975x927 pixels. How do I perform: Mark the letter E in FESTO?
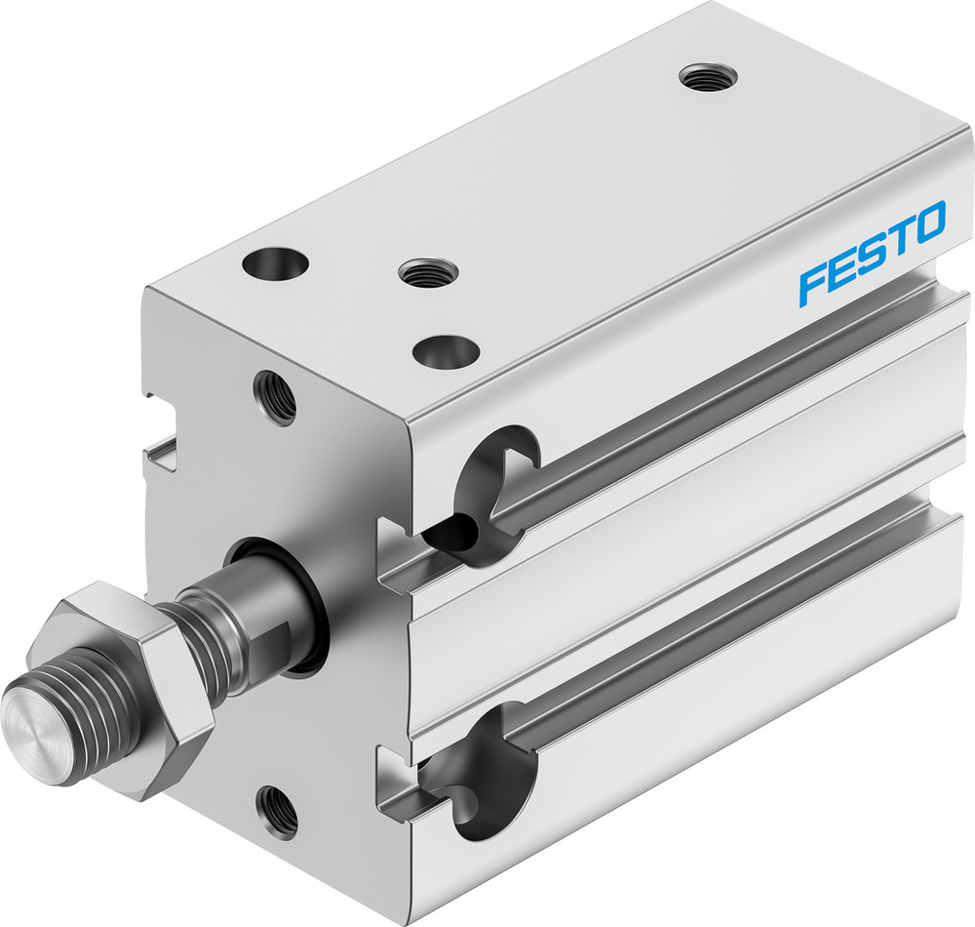tap(841, 270)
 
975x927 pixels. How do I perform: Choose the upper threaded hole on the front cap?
tap(274, 395)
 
